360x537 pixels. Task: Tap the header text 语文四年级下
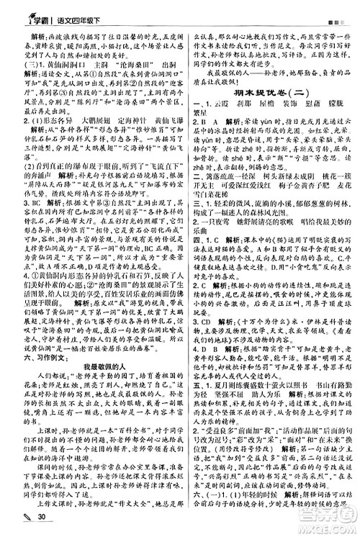coord(76,9)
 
